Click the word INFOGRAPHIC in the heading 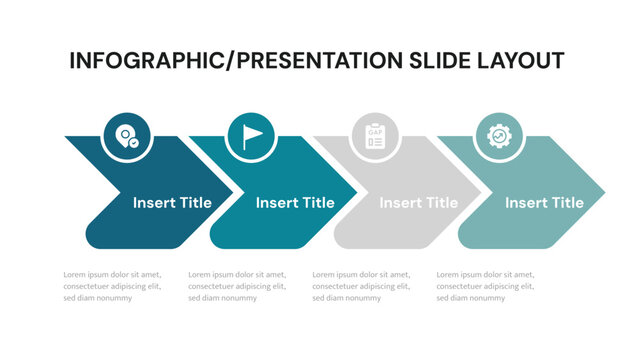(146, 60)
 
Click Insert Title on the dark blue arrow (172, 203)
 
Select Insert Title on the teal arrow (295, 203)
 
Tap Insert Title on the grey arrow (419, 203)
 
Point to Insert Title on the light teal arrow (544, 203)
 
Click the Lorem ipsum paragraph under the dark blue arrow (112, 286)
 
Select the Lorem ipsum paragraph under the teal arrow (237, 286)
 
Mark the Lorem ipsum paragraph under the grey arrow (361, 286)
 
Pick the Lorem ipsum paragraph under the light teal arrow (485, 286)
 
